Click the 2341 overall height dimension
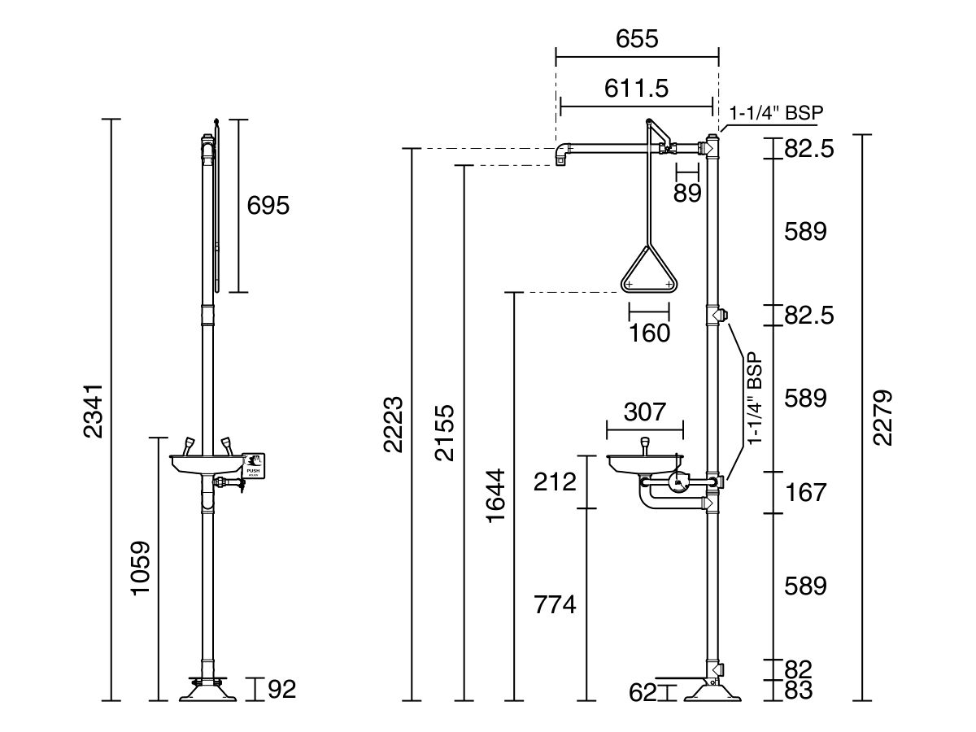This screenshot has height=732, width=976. click(x=94, y=411)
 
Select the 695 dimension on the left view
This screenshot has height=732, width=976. click(x=268, y=205)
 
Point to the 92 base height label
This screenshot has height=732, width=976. click(x=281, y=690)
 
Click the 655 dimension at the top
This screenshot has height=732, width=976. click(x=637, y=38)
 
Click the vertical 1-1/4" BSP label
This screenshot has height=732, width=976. click(x=756, y=399)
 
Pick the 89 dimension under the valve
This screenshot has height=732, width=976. click(x=687, y=193)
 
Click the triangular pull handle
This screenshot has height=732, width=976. click(x=648, y=272)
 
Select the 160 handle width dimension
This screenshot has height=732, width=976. click(x=649, y=333)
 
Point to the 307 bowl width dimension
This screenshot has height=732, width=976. click(x=644, y=412)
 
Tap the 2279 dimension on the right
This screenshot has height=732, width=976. click(x=882, y=416)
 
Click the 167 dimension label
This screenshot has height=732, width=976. click(x=806, y=492)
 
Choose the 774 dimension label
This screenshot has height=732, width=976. click(x=555, y=604)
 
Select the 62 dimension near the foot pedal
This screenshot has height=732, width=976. click(x=643, y=693)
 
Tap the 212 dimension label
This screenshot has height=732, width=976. click(x=556, y=481)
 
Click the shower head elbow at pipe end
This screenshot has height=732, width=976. click(x=560, y=154)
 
